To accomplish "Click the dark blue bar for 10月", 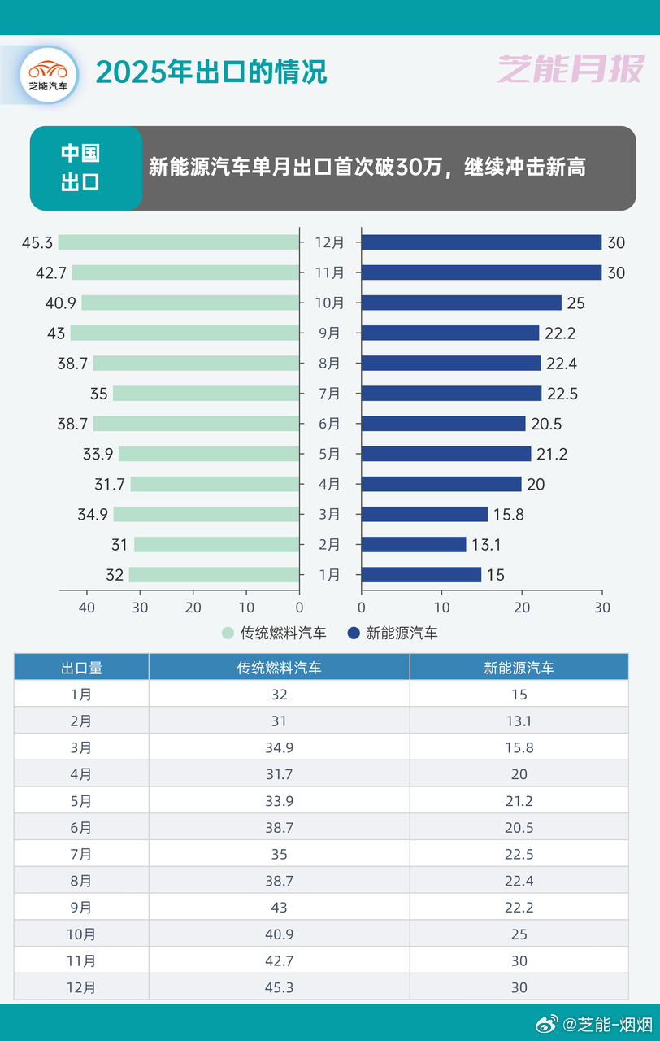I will [461, 303].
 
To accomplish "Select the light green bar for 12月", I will [178, 242].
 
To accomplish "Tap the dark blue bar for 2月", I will [413, 545].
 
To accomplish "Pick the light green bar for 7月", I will [206, 394].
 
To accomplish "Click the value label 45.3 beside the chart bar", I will [37, 242].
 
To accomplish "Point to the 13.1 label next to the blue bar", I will [486, 545].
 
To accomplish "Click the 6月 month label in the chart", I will [330, 424].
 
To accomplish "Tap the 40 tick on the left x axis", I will [86, 608].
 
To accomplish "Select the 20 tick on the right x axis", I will [522, 608].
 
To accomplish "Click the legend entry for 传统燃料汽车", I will [274, 633].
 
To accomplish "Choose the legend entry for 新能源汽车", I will [393, 633].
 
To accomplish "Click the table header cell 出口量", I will [81, 668].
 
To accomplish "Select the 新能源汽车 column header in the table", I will [519, 668].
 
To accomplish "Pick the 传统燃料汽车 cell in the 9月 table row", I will [279, 908].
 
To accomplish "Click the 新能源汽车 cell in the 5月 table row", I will [519, 801].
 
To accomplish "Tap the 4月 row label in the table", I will [81, 774].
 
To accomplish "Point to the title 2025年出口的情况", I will [211, 72].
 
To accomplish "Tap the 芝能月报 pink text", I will [570, 71].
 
